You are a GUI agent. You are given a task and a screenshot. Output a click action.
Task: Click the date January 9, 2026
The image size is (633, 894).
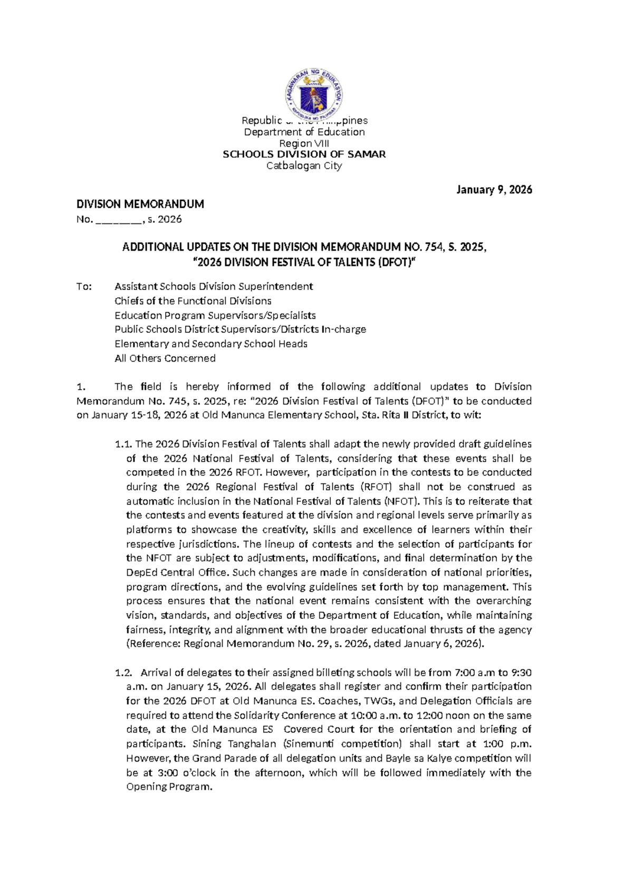tap(494, 190)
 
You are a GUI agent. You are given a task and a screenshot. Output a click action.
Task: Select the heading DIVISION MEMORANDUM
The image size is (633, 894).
tap(140, 204)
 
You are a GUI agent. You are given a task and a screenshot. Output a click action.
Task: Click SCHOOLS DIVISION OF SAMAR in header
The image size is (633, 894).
tap(304, 154)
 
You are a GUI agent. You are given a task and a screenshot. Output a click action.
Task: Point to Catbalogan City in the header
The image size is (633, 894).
tap(304, 166)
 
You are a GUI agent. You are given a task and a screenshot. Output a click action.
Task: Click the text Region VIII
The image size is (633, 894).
tap(304, 143)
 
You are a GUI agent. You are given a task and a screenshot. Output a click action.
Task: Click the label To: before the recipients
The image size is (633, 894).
tap(84, 286)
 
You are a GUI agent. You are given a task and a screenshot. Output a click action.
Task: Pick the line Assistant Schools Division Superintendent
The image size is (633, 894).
tap(214, 286)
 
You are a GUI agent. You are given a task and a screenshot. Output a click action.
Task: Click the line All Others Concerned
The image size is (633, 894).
tap(165, 358)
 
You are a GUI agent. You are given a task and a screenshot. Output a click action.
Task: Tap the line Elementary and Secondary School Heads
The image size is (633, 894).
tap(211, 344)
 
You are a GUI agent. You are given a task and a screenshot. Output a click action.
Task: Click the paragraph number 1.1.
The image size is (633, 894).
tap(123, 444)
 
